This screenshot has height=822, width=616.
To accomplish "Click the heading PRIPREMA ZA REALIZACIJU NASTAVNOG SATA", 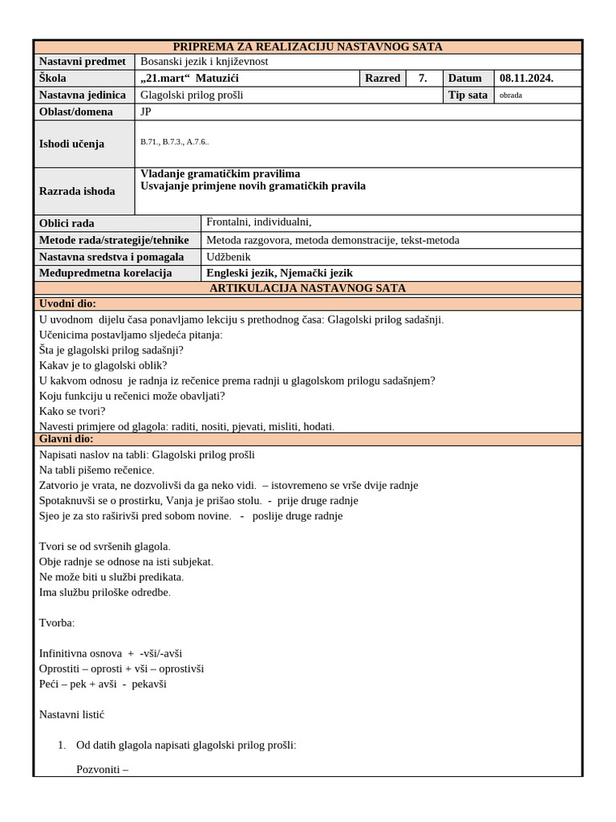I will coord(307,47).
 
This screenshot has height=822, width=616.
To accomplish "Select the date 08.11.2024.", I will coord(526,78).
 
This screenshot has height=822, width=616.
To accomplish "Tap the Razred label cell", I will coord(382,78).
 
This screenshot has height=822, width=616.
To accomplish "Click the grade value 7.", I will coord(422,78).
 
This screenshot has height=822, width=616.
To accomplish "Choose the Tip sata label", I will coord(468,95).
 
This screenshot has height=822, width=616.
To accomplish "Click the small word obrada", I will coord(510,95).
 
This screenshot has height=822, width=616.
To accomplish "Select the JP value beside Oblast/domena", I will coord(146,112).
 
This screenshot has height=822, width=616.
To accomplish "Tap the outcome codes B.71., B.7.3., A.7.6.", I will coord(175,141).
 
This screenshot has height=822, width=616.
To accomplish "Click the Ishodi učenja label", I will coord(72,144).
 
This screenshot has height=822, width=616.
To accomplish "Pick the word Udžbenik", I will coord(229,257).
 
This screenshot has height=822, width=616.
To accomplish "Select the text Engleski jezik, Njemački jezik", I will coord(279,273).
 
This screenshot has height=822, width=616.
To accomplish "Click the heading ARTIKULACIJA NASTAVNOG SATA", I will coord(307,288).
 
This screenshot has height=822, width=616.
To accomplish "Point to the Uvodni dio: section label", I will coord(67,303).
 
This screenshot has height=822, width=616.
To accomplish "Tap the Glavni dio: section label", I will coord(66,439).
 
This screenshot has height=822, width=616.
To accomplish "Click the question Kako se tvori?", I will coord(72,411).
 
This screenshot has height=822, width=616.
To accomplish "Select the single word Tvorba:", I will coord(57,623).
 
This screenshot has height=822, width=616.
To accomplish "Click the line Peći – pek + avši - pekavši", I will coord(103,684).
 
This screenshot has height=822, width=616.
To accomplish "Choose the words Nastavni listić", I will coord(71,714).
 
